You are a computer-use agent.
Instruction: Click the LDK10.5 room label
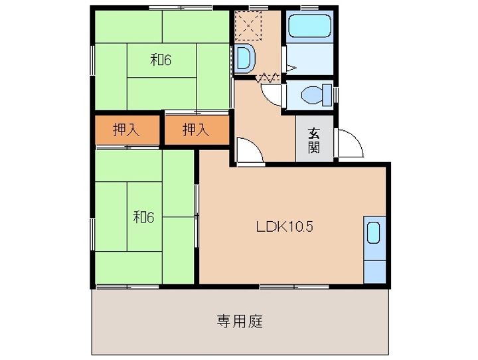284,226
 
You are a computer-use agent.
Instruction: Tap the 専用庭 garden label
240,321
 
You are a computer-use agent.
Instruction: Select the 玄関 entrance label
313,140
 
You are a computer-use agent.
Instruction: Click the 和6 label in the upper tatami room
161,60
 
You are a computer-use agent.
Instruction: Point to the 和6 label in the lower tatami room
143,217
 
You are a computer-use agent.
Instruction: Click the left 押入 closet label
127,130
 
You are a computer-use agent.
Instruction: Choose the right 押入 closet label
196,130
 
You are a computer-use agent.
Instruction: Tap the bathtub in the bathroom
309,26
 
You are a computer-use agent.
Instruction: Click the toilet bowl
311,95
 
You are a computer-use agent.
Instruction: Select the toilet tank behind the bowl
327,95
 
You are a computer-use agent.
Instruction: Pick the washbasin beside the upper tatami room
244,58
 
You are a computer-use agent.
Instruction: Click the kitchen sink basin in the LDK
373,232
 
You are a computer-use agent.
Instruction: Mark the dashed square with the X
249,26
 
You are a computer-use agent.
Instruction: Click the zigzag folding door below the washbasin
268,78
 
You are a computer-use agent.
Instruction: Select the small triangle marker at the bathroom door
291,68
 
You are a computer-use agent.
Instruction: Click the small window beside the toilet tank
336,95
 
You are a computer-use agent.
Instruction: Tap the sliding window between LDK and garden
294,287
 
